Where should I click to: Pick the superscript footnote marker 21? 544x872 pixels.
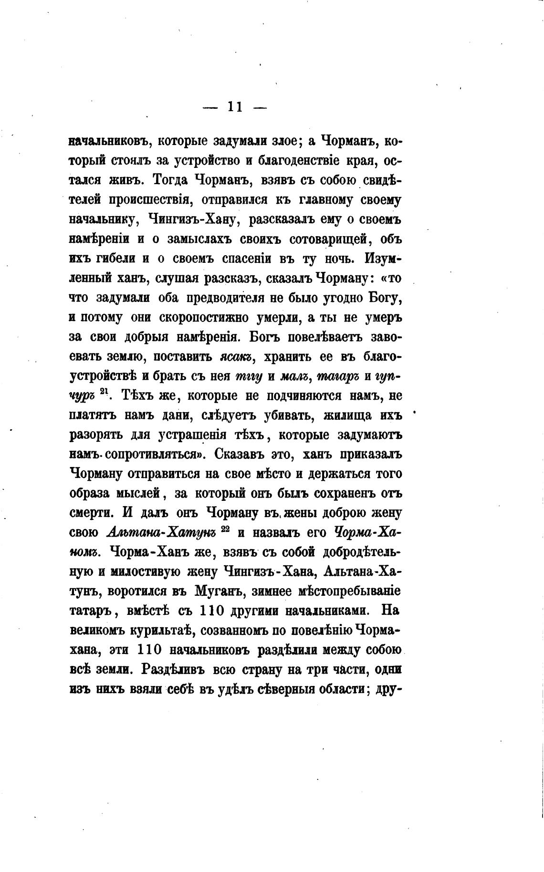[x=105, y=392]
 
